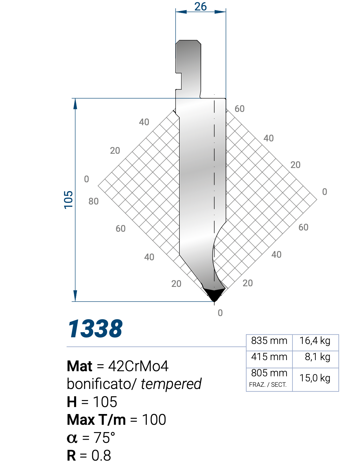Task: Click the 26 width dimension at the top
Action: [x=201, y=6]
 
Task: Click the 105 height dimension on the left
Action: [x=68, y=200]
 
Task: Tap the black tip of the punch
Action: [x=214, y=294]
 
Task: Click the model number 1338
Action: [x=95, y=329]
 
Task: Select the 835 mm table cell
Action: [x=269, y=341]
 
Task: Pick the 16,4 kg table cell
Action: [x=315, y=341]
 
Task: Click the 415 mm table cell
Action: [x=269, y=357]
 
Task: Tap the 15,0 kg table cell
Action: [x=315, y=378]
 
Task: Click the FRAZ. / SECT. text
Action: [x=268, y=385]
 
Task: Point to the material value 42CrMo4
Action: [x=138, y=366]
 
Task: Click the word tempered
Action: [x=171, y=384]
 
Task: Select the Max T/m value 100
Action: [x=154, y=420]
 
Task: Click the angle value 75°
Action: [x=104, y=438]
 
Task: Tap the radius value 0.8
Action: [x=101, y=456]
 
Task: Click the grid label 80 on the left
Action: [x=93, y=201]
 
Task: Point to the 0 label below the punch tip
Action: [x=220, y=313]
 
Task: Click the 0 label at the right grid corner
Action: [x=325, y=192]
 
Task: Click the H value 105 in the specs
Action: [x=105, y=402]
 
